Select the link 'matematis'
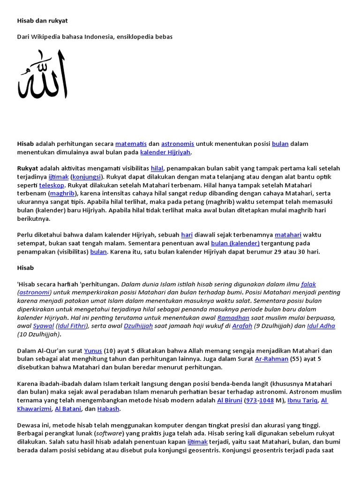click(x=131, y=143)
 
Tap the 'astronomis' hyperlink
click(x=178, y=143)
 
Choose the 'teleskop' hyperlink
click(x=52, y=185)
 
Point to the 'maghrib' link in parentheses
click(x=62, y=194)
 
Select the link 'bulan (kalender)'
click(x=235, y=243)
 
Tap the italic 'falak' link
click(x=308, y=284)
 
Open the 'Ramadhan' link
click(x=233, y=318)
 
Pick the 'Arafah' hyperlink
click(x=242, y=326)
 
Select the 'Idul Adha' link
click(x=321, y=326)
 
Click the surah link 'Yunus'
click(x=92, y=351)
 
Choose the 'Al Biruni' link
click(x=229, y=401)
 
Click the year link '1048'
click(x=267, y=401)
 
